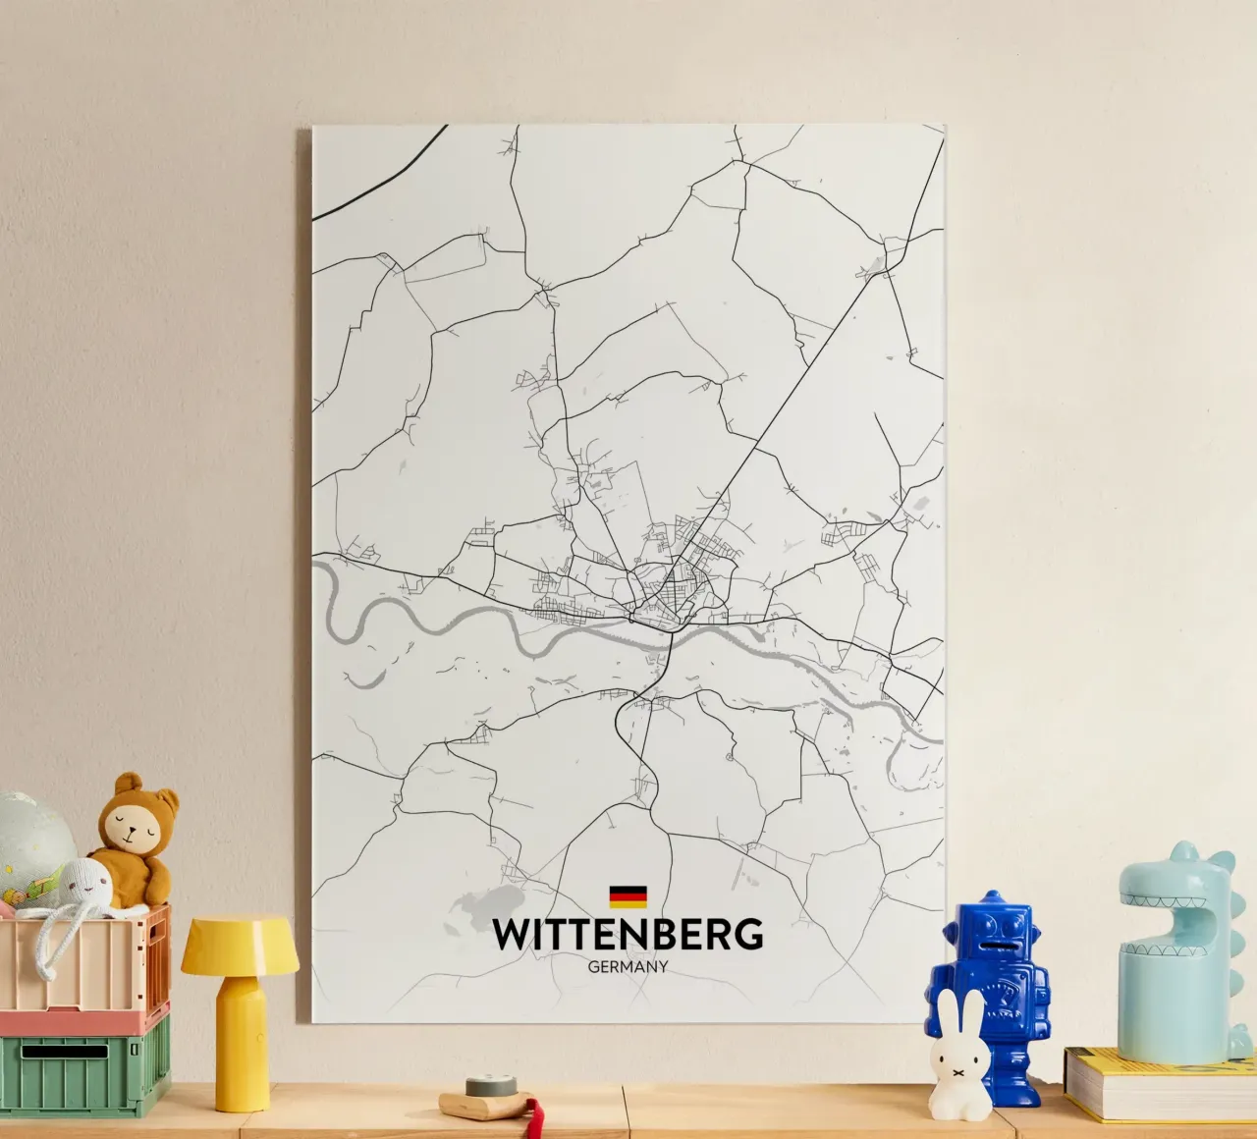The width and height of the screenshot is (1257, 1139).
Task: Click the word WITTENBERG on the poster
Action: [x=628, y=935]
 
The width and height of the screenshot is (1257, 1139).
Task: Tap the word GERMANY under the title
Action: [x=628, y=966]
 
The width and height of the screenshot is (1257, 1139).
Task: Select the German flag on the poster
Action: [x=628, y=895]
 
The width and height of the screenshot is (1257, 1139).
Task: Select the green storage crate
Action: [x=83, y=1065]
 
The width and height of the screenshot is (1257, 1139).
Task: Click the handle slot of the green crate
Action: [x=65, y=1052]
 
